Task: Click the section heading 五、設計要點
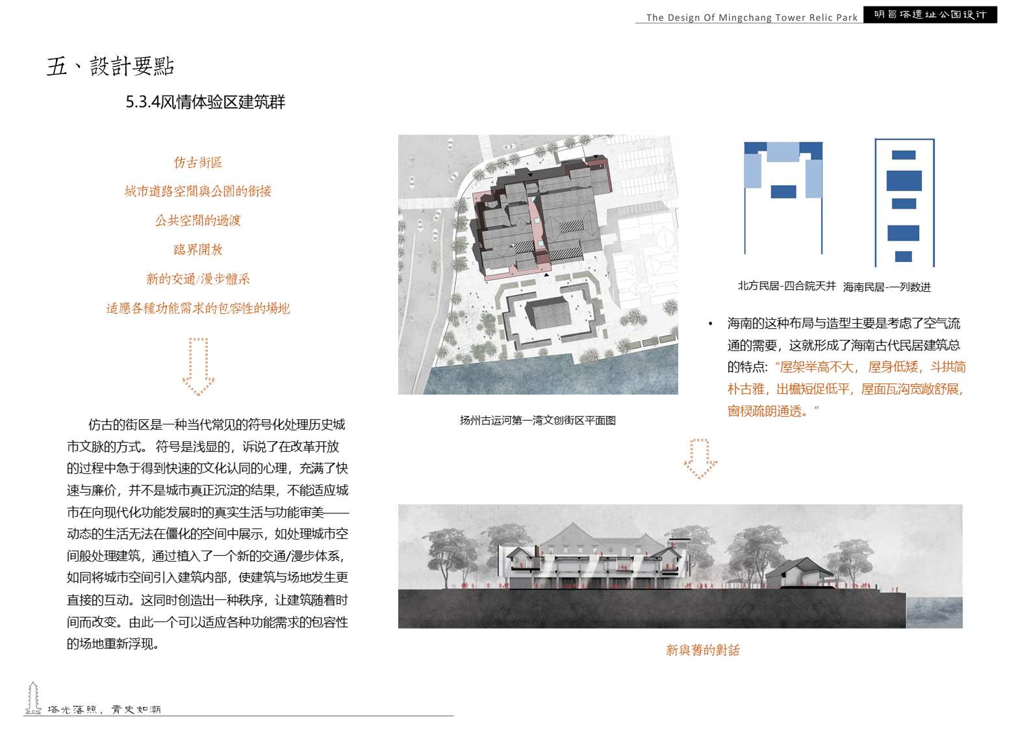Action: click(x=110, y=66)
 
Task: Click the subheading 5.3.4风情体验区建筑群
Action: click(x=205, y=102)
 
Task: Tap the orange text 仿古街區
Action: click(x=197, y=162)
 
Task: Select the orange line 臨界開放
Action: click(x=197, y=250)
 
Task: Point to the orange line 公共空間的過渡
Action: click(x=197, y=220)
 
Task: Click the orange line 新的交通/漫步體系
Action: click(x=197, y=279)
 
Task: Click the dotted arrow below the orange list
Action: click(x=198, y=367)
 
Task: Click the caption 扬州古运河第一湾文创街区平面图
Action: click(x=537, y=421)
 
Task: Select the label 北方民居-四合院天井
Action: click(x=786, y=286)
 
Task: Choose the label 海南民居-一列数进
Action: click(x=887, y=287)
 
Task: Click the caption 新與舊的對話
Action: click(x=702, y=650)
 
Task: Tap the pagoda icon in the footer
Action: click(x=33, y=698)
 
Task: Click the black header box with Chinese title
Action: click(x=930, y=14)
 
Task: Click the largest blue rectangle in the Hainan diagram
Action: click(x=904, y=180)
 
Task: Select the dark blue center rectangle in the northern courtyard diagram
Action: click(x=783, y=191)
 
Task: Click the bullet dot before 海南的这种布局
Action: click(x=711, y=324)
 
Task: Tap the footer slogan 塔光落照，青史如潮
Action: click(x=104, y=709)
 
